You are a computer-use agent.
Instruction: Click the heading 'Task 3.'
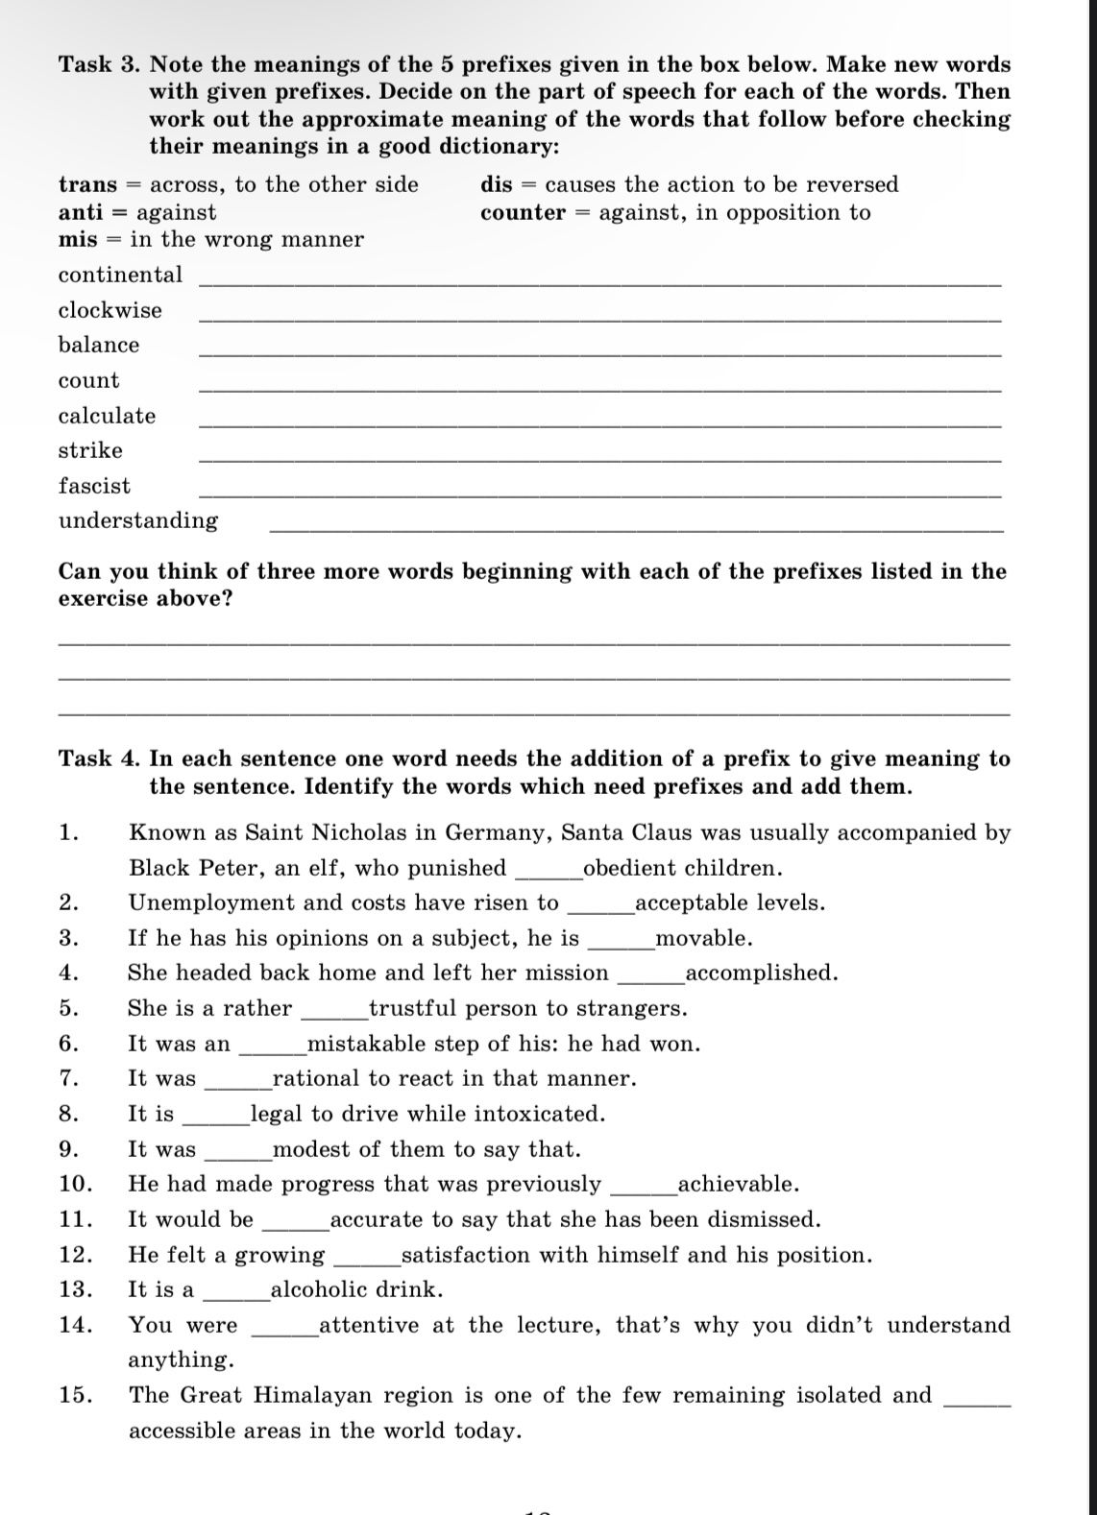coord(100,65)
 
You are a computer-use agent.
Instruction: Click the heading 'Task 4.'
coord(100,759)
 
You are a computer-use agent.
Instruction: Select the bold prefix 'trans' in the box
coord(87,184)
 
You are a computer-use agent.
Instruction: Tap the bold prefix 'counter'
coord(523,212)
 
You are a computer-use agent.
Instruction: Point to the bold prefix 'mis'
coord(78,239)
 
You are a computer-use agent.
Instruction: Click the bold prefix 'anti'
coord(80,212)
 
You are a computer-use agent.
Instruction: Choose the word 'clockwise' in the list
coord(110,310)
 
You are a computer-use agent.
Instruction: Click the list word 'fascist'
coord(94,486)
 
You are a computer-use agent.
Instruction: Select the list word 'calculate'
coord(107,416)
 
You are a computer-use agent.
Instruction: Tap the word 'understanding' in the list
coord(138,520)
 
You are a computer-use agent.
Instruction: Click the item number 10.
coord(75,1184)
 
